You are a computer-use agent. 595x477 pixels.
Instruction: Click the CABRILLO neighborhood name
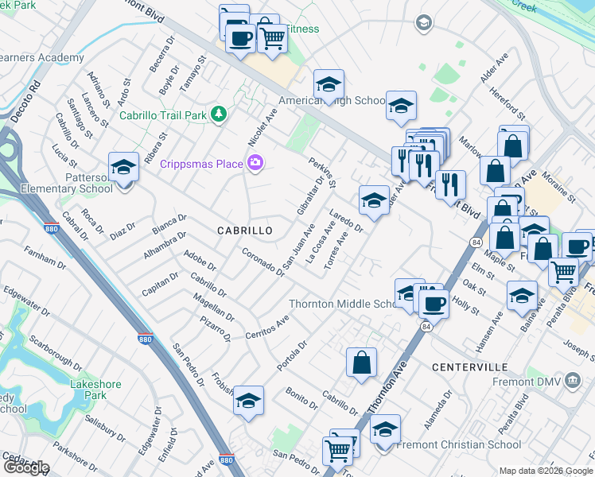[x=245, y=231]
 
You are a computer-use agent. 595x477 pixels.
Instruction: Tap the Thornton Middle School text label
[x=342, y=304]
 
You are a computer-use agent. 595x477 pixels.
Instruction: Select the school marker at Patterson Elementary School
[x=123, y=169]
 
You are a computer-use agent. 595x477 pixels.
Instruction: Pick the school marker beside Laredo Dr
[x=373, y=201]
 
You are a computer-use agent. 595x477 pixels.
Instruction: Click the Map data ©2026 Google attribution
[x=545, y=471]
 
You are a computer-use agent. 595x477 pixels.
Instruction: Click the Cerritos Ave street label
[x=266, y=328]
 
